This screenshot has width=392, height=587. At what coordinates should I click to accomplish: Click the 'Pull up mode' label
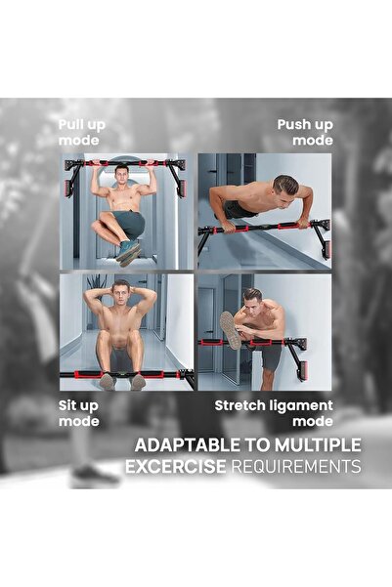[x=83, y=132]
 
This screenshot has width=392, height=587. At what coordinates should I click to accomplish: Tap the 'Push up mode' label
[x=305, y=132]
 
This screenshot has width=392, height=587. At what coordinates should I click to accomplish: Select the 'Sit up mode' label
[x=78, y=413]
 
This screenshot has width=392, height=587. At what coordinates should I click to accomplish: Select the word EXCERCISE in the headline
[x=175, y=467]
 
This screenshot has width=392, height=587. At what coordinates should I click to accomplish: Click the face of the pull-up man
[x=121, y=176]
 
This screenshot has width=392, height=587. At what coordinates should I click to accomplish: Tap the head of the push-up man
[x=285, y=185]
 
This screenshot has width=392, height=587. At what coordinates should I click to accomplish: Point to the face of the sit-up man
[x=120, y=290]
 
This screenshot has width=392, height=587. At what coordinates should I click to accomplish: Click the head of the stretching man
[x=253, y=297]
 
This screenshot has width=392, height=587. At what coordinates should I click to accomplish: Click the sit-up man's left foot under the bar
[x=107, y=381]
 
